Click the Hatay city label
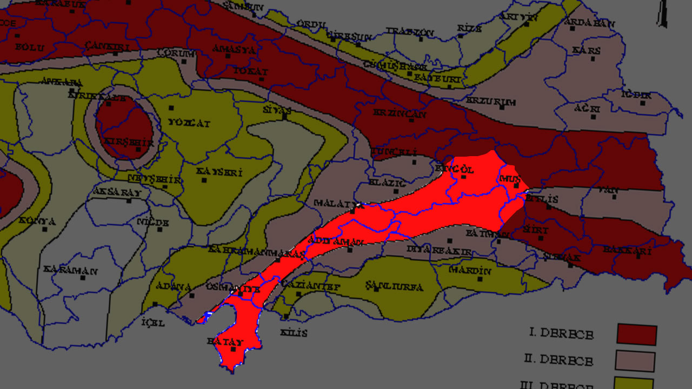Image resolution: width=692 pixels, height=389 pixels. coord(225,342)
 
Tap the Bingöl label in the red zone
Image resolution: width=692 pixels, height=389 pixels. coord(458,169)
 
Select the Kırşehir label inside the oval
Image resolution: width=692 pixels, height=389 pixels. coord(129,142)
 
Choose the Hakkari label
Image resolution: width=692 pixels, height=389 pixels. coord(627,251)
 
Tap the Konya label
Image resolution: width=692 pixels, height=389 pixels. coord(37,222)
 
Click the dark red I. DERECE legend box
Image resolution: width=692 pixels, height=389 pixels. coord(636,334)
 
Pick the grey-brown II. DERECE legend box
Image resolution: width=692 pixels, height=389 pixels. coord(635,361)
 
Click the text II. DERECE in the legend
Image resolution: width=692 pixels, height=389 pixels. coord(558,360)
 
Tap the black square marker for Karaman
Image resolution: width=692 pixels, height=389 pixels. coord(83,278)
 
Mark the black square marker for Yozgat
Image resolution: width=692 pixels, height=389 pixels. coord(171,109)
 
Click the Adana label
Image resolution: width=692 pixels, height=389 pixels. coord(174,286)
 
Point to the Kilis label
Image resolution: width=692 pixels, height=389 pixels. coord(294,333)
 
